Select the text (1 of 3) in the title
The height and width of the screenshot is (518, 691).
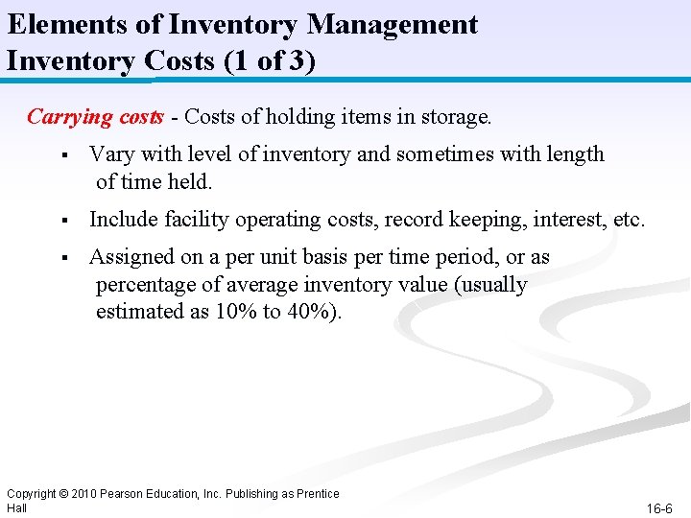[x=268, y=60]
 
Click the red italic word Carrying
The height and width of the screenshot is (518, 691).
[x=69, y=117]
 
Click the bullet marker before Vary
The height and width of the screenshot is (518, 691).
[x=60, y=154]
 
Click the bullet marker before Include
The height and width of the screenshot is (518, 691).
[x=60, y=221]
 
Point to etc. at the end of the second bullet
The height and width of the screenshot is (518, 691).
[x=629, y=220]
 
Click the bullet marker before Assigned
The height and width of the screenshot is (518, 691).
[x=60, y=258]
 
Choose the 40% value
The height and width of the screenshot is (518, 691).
[x=309, y=312]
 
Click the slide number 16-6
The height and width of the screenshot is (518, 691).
[x=659, y=507]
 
